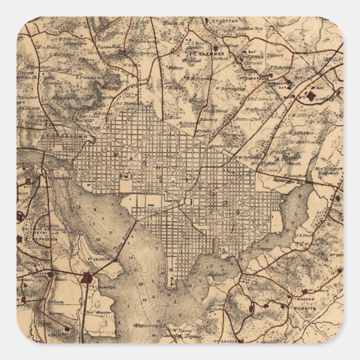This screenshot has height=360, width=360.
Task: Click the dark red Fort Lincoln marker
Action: (311, 96)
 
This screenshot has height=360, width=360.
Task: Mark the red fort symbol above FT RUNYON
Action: (87, 277)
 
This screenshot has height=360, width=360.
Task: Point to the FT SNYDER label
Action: (224, 339)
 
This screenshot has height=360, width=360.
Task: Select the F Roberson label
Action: (283, 68)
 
